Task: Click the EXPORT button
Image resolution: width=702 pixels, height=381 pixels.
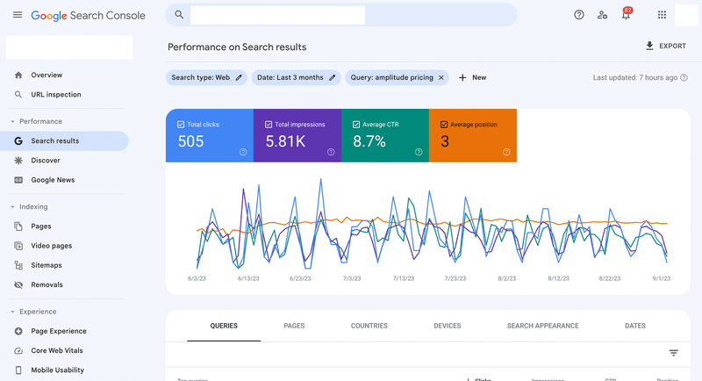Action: coord(665,47)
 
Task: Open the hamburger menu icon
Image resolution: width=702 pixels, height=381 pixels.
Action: coord(18,15)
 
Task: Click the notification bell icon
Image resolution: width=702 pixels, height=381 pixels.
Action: coord(626,15)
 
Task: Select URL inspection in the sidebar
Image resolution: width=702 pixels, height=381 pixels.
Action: coord(55,95)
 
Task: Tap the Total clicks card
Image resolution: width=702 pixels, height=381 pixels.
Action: coord(209,135)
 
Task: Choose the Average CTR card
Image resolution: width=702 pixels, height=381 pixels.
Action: coord(384,135)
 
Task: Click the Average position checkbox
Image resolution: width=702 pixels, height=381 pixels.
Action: coord(444,125)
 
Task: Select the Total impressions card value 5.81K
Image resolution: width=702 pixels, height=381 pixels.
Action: coord(285,141)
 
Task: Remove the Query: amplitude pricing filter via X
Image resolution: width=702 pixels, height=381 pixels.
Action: coord(441,77)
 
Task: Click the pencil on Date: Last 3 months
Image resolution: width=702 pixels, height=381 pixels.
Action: coord(333,77)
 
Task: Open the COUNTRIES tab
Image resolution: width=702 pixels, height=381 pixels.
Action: coord(369,326)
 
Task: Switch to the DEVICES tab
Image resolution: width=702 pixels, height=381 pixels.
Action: coord(447,326)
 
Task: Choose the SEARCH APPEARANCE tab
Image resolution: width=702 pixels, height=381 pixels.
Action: coord(542,326)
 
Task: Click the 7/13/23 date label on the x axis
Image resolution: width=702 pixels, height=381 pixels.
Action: coord(403,278)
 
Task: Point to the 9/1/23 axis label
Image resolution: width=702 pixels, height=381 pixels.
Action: coord(661,278)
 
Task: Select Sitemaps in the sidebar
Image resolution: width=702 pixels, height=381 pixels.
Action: coord(47,265)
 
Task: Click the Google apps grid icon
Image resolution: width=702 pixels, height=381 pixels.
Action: coord(662,15)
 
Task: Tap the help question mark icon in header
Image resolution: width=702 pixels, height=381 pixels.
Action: coord(579,15)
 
